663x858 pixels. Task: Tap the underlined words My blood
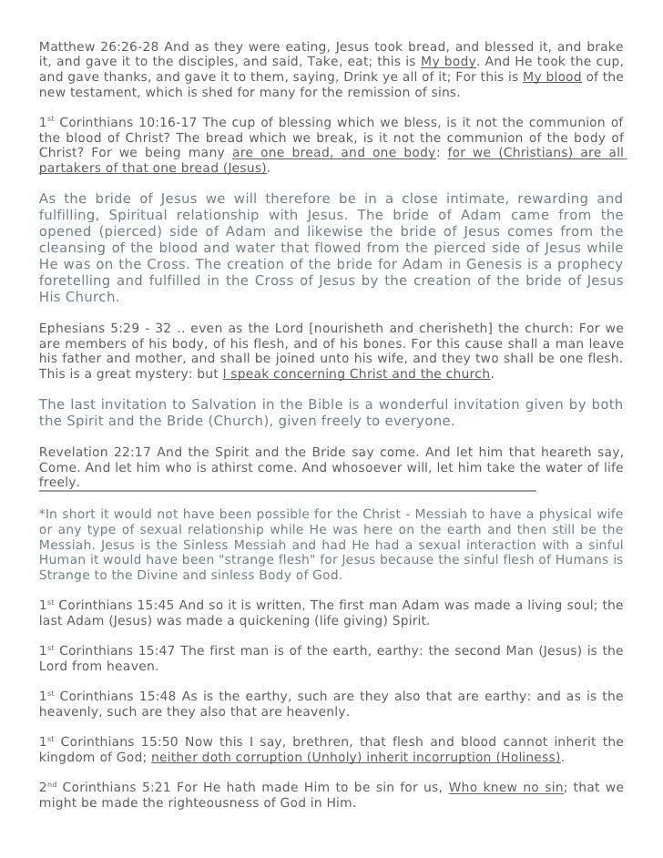(552, 77)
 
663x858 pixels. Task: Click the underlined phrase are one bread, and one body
(334, 153)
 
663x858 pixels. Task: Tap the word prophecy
(582, 264)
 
